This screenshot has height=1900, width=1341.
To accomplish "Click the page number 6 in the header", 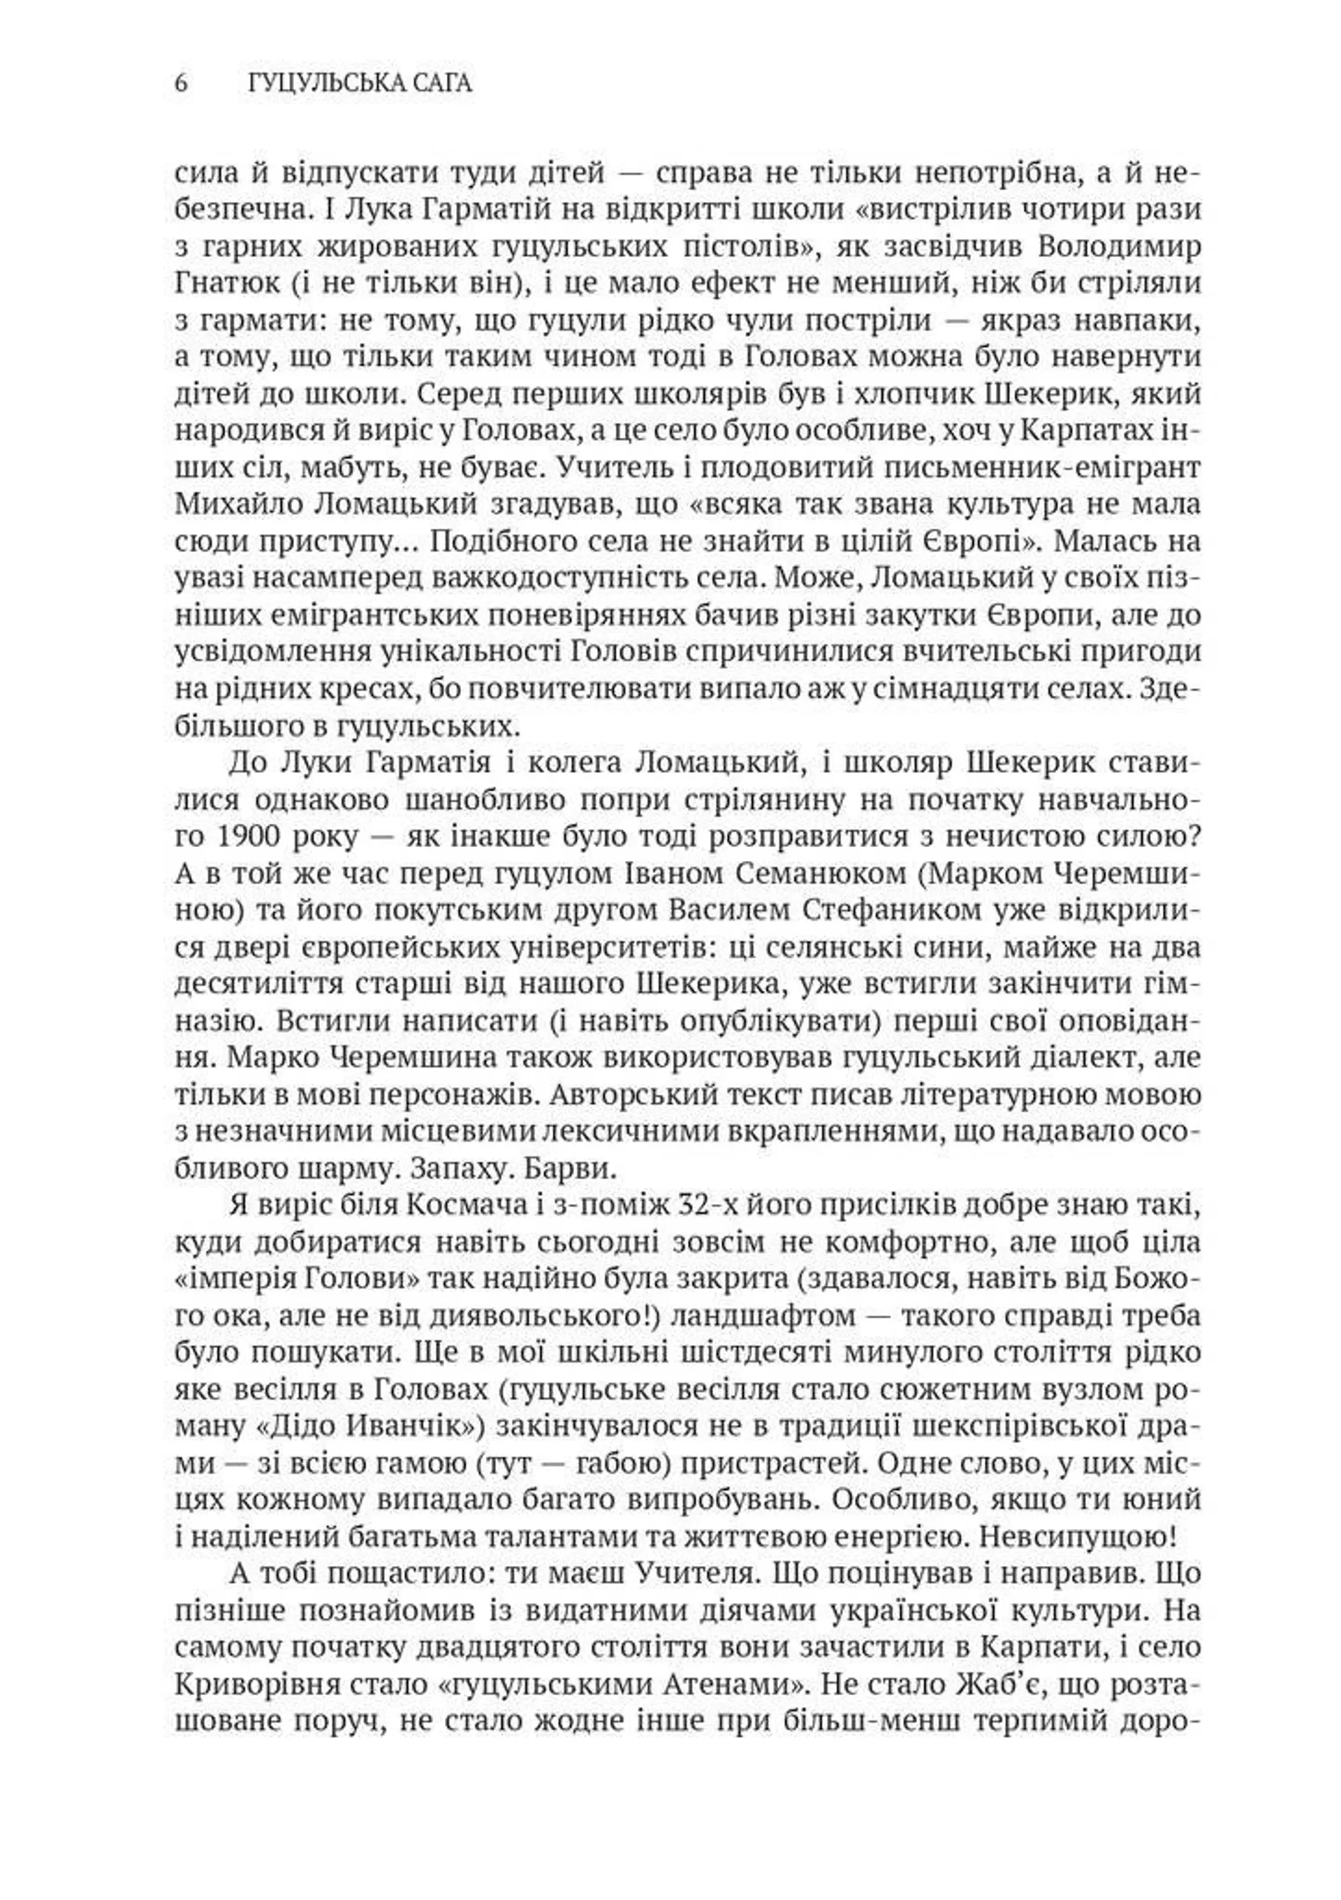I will [x=181, y=84].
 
